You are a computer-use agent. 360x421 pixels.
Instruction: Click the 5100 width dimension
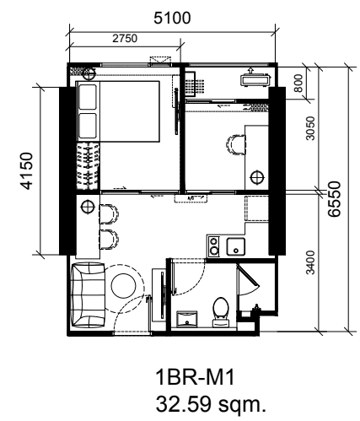coord(172,18)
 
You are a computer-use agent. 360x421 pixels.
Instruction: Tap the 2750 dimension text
coord(125,39)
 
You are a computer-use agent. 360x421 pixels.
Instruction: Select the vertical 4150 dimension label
coord(27,171)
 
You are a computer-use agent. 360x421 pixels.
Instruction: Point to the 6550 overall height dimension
coord(335,199)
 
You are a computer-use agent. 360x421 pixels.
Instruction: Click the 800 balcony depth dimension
coord(298,83)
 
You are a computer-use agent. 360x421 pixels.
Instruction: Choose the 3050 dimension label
coord(310,128)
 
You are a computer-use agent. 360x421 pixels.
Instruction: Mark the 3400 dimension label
coord(310,262)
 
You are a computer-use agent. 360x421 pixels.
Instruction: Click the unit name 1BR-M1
coord(195,377)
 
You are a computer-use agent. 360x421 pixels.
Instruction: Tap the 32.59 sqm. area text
coord(211,404)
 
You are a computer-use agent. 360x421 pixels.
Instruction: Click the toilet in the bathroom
coord(221,312)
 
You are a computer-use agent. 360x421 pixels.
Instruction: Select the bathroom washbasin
coord(187,319)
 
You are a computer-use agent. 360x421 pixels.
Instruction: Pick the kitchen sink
coord(236,247)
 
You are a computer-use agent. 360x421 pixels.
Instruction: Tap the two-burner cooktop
coord(214,246)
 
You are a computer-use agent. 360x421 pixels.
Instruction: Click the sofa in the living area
coord(89,294)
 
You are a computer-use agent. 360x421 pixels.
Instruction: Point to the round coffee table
coord(123,285)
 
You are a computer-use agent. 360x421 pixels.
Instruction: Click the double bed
coord(118,111)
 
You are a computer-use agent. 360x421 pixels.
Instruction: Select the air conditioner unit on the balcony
coord(255,79)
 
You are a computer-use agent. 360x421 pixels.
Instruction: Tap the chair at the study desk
coord(236,144)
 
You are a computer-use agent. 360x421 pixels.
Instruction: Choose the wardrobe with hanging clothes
coord(88,166)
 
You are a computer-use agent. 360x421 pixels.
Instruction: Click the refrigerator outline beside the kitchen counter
coord(256,208)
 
